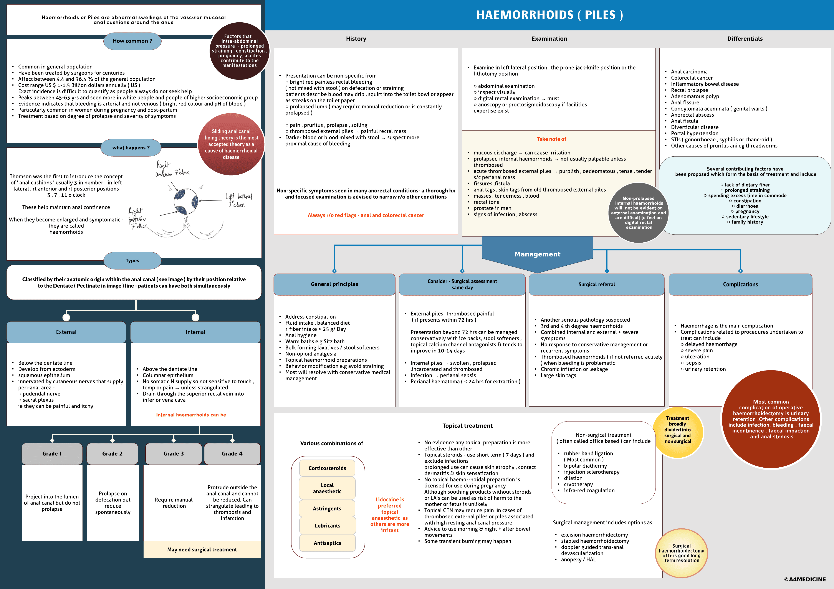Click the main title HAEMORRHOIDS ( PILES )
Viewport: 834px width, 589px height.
549,15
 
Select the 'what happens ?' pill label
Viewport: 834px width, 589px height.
131,147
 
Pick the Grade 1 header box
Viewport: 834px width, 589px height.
52,453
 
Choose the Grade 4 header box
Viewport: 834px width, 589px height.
232,453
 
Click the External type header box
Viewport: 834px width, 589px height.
66,332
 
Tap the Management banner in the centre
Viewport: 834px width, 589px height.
537,254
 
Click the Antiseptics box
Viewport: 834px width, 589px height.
327,543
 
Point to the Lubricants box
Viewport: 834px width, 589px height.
327,525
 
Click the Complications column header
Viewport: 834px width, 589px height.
740,284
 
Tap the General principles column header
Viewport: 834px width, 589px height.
334,284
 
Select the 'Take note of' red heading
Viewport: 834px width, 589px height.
551,139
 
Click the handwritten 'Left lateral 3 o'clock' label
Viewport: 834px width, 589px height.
239,200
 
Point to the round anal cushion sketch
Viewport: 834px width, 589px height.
185,200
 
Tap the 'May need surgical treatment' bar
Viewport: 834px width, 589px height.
202,549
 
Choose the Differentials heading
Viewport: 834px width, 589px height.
745,38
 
